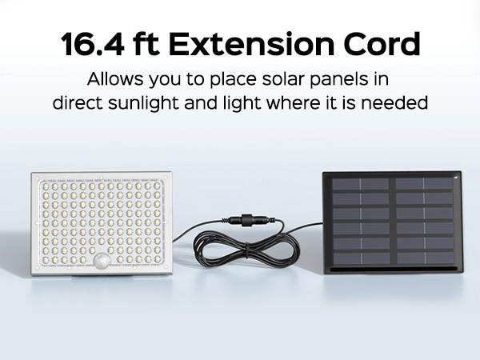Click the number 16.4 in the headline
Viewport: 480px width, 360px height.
click(x=93, y=44)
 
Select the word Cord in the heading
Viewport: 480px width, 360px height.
click(x=382, y=44)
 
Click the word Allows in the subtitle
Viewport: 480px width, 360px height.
click(x=115, y=79)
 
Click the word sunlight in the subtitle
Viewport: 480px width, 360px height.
click(x=143, y=103)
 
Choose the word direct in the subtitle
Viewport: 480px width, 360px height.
click(x=78, y=103)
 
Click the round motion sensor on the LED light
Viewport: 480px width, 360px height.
click(x=102, y=261)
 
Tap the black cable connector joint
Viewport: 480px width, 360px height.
click(x=248, y=220)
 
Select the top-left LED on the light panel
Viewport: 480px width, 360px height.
click(x=46, y=186)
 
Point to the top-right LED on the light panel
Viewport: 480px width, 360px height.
click(x=157, y=186)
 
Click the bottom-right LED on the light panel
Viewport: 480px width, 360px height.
click(x=157, y=259)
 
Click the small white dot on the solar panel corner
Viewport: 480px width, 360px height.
click(x=456, y=177)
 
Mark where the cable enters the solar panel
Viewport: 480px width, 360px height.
click(x=322, y=223)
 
